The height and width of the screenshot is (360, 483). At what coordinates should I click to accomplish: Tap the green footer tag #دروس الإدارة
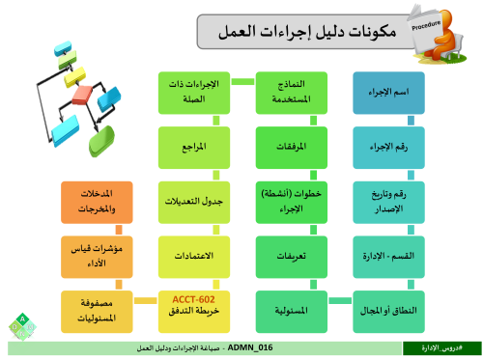pos(441,347)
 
